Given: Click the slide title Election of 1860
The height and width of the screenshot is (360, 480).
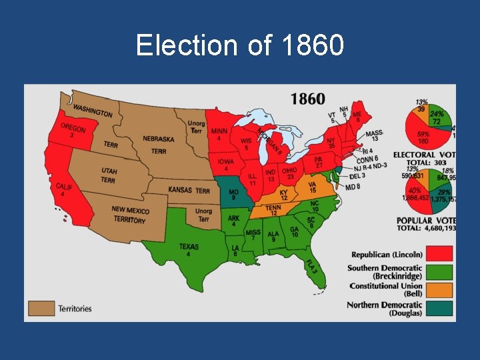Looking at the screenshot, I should (x=240, y=45).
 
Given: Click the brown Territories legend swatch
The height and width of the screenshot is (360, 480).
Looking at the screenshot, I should (x=41, y=308).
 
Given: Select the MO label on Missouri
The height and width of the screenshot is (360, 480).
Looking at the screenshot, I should (x=233, y=194).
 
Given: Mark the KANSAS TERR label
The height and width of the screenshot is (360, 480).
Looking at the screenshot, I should (x=189, y=191).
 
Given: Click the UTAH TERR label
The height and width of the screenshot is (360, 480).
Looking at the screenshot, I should (x=109, y=175).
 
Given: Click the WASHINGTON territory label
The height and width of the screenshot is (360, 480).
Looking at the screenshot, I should (x=93, y=111).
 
